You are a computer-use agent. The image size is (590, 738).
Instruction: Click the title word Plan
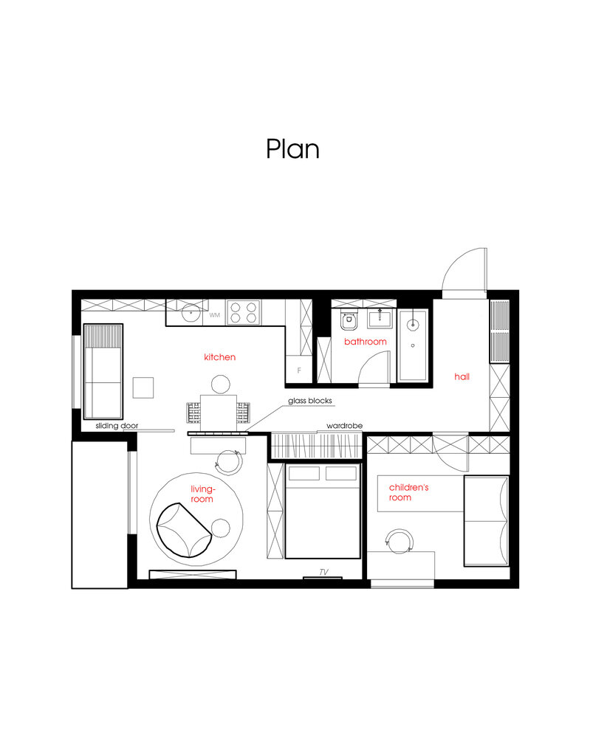pyautogui.click(x=292, y=149)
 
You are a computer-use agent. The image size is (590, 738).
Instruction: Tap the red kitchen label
pyautogui.click(x=219, y=357)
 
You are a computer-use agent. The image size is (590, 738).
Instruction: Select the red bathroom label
pyautogui.click(x=366, y=342)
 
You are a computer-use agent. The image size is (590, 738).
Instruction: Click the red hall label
pyautogui.click(x=462, y=376)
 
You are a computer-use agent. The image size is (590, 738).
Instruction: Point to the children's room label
pyautogui.click(x=408, y=492)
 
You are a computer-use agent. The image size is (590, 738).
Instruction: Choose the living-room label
pyautogui.click(x=202, y=494)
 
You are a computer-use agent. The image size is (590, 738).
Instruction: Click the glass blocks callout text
pyautogui.click(x=310, y=401)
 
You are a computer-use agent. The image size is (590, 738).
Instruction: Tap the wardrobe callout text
pyautogui.click(x=344, y=426)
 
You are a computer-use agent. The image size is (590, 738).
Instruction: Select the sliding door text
pyautogui.click(x=117, y=426)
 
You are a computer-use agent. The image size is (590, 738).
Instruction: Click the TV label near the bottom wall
pyautogui.click(x=323, y=572)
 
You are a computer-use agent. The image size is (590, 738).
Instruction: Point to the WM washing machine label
pyautogui.click(x=215, y=315)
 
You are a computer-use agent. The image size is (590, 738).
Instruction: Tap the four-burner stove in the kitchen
pyautogui.click(x=244, y=312)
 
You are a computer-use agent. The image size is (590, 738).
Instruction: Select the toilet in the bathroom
pyautogui.click(x=349, y=320)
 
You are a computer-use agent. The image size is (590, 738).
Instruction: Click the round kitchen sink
pyautogui.click(x=191, y=312)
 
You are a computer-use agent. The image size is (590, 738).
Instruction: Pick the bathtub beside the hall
pyautogui.click(x=413, y=345)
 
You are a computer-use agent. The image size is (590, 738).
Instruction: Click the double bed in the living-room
pyautogui.click(x=323, y=511)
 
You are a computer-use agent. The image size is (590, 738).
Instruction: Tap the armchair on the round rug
pyautogui.click(x=184, y=529)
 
